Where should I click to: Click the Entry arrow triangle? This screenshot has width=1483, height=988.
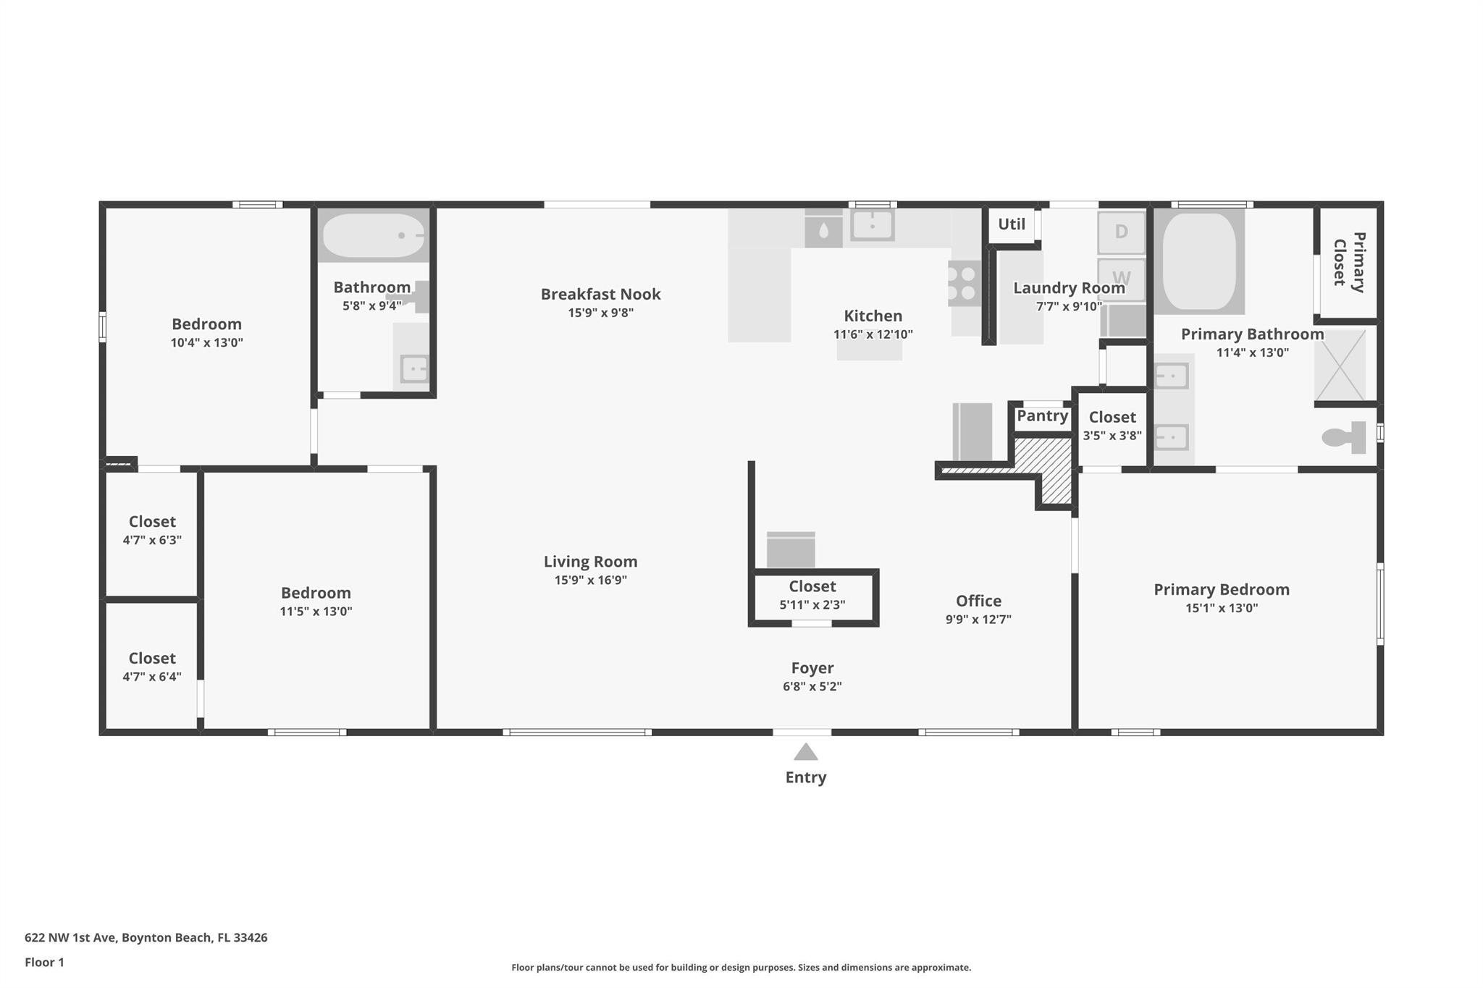coord(805,752)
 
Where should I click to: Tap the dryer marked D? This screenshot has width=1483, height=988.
coord(1121,232)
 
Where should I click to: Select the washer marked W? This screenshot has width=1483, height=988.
coord(1121,279)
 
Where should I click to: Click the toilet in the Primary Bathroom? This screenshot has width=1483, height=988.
coord(1344,437)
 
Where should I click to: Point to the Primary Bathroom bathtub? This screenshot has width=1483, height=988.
coord(1198,261)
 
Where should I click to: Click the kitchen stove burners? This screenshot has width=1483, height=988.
coord(965,283)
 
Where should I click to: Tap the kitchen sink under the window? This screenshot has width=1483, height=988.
coord(872,225)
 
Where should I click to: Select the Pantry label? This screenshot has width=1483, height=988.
coord(1042,415)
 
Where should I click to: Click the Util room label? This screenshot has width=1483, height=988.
coord(1011,224)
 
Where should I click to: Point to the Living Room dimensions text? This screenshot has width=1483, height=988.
coord(591,580)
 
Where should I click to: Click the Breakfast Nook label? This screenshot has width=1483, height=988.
coord(600,294)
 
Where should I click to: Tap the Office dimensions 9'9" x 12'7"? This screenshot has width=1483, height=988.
coord(978,619)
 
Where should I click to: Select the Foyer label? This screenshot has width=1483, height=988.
coord(812,668)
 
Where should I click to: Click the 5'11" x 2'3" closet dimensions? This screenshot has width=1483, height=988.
coord(812,604)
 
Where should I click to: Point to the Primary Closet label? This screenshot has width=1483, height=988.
coord(1349,262)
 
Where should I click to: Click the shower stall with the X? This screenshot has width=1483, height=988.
coord(1340,366)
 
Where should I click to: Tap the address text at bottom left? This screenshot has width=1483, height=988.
coord(146,937)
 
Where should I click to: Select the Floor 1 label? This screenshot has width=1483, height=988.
coord(44,962)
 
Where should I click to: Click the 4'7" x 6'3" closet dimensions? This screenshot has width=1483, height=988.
coord(152,540)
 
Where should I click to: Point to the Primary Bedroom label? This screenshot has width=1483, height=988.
coord(1222,589)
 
